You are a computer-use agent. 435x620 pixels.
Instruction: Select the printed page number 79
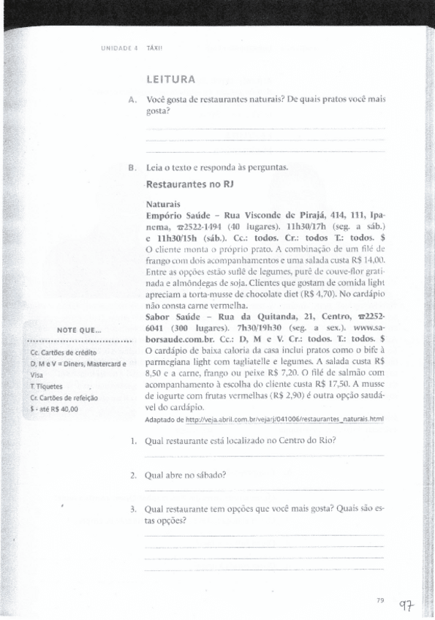pyautogui.click(x=379, y=600)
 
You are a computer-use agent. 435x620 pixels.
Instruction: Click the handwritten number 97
pyautogui.click(x=407, y=605)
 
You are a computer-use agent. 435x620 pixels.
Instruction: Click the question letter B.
pyautogui.click(x=131, y=167)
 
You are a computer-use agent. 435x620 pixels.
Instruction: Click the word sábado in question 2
pyautogui.click(x=208, y=475)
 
